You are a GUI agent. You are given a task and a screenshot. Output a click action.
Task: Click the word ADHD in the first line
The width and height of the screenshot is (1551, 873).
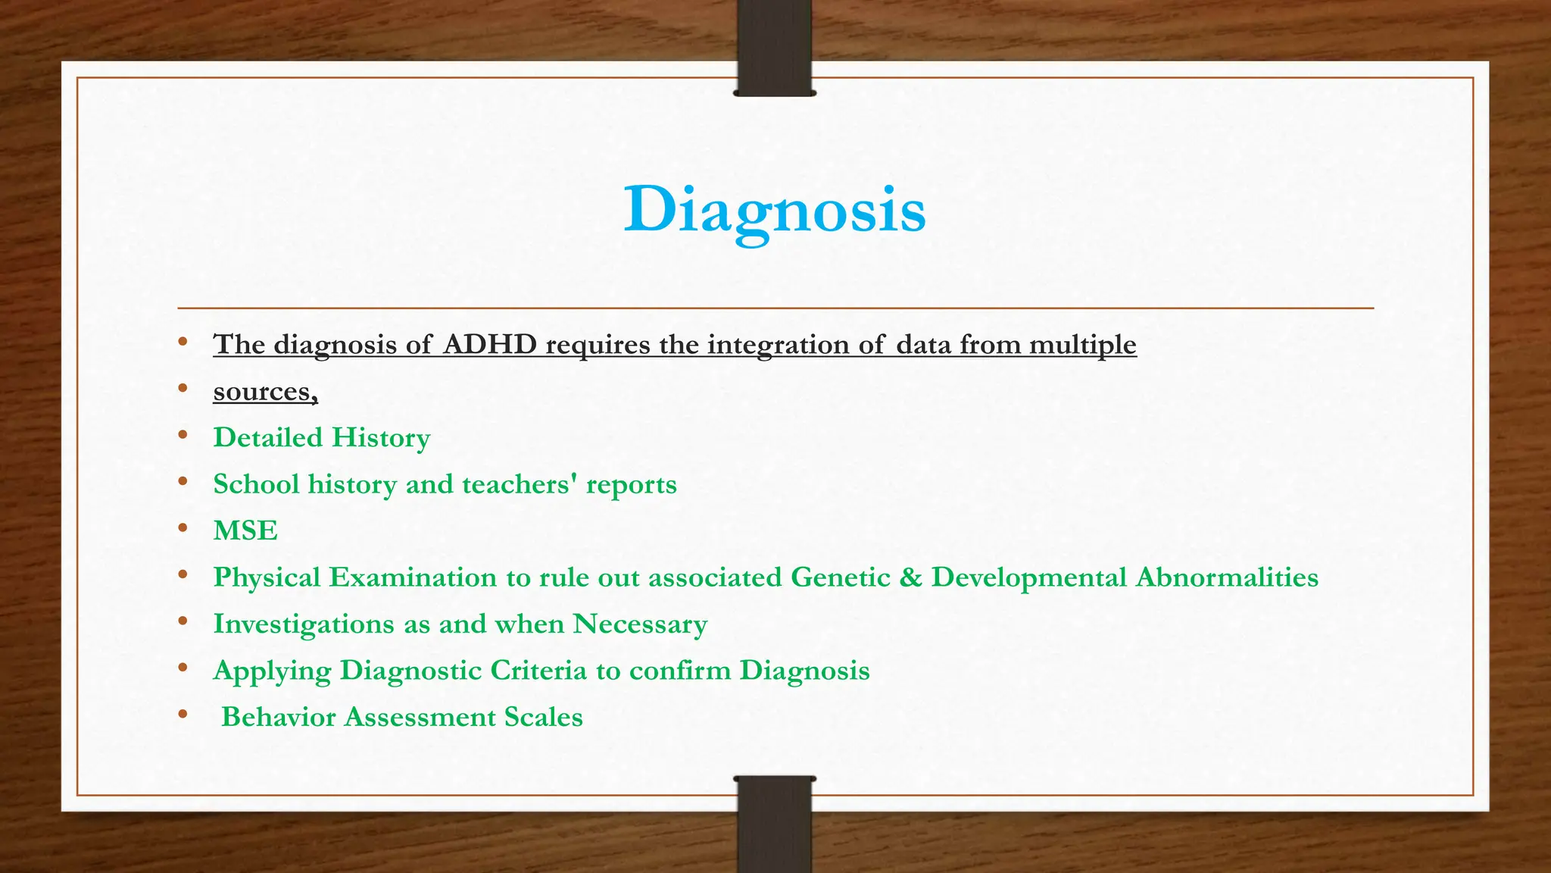(x=490, y=345)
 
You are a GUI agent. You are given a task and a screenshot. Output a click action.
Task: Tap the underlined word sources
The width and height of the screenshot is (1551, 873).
(x=265, y=392)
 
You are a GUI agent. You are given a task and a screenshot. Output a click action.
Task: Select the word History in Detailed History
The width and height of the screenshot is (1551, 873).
(x=381, y=438)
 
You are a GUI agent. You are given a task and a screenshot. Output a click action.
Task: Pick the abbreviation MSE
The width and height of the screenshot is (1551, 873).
(x=245, y=530)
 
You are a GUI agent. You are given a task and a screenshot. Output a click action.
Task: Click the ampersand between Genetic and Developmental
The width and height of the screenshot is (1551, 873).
(x=910, y=577)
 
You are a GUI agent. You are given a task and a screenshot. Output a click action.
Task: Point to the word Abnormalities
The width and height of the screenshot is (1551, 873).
(x=1227, y=577)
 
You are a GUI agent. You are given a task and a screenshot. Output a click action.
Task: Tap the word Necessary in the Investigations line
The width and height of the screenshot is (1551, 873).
(x=640, y=624)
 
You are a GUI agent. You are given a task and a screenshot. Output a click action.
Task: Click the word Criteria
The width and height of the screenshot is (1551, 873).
(x=538, y=671)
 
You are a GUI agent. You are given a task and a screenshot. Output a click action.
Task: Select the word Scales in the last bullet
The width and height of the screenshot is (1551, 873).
(x=544, y=717)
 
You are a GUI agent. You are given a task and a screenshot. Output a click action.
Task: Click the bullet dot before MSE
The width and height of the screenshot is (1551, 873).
(x=183, y=528)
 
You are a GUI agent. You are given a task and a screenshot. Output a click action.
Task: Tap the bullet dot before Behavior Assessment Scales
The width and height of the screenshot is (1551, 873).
(x=183, y=715)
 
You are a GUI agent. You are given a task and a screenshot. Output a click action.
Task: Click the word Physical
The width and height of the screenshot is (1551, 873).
(x=267, y=577)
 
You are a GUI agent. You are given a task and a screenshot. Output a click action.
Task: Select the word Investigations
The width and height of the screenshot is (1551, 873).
(x=304, y=624)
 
